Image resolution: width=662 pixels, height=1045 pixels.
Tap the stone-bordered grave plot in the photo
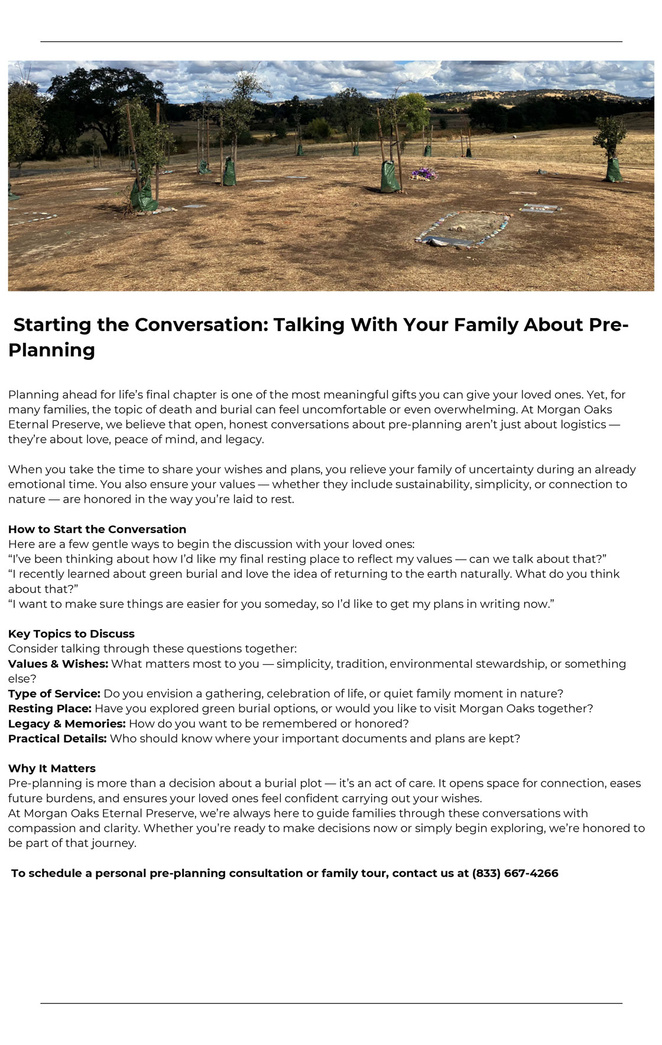pyautogui.click(x=463, y=229)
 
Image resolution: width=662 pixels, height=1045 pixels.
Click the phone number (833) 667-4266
pyautogui.click(x=515, y=873)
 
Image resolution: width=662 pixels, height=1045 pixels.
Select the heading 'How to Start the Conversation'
pyautogui.click(x=97, y=529)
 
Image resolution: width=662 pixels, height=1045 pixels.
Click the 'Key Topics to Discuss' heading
pyautogui.click(x=72, y=634)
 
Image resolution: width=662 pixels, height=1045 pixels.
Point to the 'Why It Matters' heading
pyautogui.click(x=52, y=768)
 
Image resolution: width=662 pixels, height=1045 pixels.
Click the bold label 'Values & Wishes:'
pyautogui.click(x=58, y=664)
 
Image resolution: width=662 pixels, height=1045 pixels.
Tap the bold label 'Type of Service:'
pyautogui.click(x=54, y=693)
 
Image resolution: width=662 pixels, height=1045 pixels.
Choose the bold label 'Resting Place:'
pyautogui.click(x=50, y=708)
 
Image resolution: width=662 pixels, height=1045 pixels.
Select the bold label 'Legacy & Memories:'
pyautogui.click(x=67, y=723)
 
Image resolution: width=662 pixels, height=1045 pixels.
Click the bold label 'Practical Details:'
pyautogui.click(x=57, y=738)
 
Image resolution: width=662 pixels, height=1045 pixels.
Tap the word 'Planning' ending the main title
pyautogui.click(x=51, y=350)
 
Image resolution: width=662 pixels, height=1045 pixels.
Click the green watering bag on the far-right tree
pyautogui.click(x=614, y=171)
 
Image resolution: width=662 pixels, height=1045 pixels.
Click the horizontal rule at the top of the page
pyautogui.click(x=331, y=41)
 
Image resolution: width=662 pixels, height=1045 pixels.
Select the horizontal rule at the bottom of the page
pyautogui.click(x=331, y=1003)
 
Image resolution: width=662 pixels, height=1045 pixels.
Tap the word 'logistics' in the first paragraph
pyautogui.click(x=582, y=424)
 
